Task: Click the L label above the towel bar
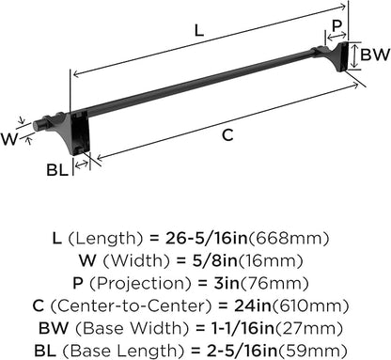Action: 199,31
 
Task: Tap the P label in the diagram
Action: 336,25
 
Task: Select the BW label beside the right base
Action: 374,55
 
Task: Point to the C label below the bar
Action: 227,135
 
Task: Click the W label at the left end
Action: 9,139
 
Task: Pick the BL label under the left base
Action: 57,170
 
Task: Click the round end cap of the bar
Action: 37,125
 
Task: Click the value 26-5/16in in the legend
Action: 207,239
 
